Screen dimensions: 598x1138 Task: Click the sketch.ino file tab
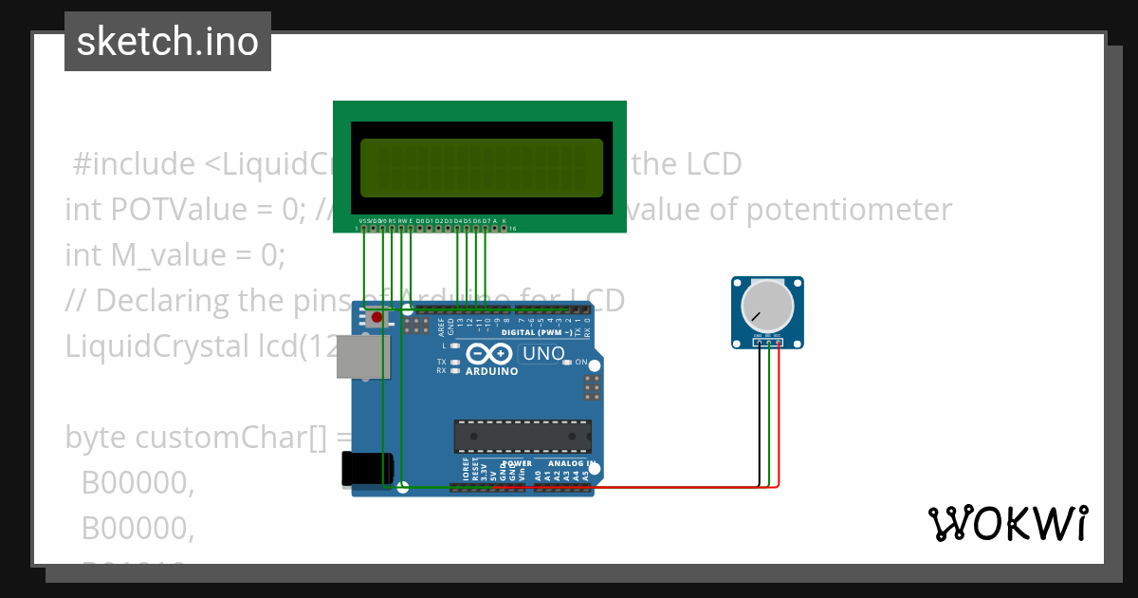[168, 42]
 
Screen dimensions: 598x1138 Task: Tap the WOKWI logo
[1007, 523]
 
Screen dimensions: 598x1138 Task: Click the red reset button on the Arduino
[376, 317]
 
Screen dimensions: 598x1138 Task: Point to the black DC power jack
[367, 469]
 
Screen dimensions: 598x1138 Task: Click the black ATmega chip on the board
[523, 436]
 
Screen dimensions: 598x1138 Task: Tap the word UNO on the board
[544, 354]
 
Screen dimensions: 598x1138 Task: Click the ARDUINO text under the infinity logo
[491, 371]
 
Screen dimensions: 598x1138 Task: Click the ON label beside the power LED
[581, 362]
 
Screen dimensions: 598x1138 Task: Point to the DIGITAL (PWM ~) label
[536, 333]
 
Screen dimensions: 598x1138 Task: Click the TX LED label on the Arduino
[441, 363]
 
